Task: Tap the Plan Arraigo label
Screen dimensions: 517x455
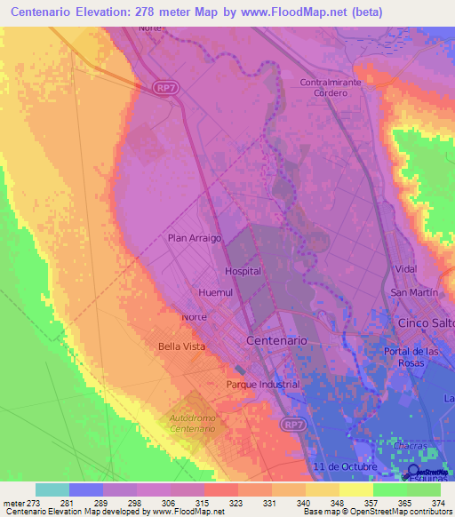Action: point(195,238)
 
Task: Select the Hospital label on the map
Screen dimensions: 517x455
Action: point(243,271)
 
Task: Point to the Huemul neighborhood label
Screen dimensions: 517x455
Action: point(215,290)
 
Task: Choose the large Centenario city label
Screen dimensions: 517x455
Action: point(275,340)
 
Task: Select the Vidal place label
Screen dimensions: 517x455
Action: point(405,268)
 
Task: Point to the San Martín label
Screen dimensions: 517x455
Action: point(413,293)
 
